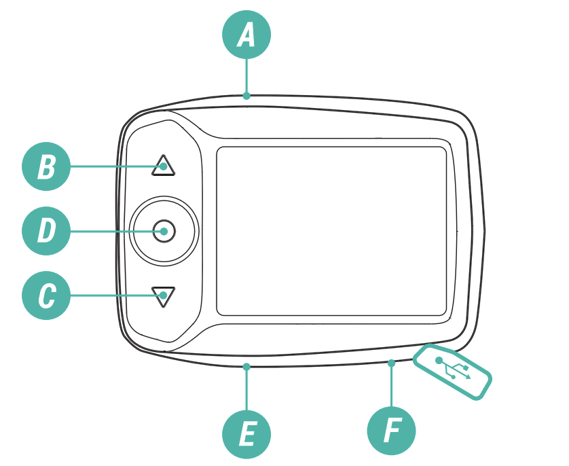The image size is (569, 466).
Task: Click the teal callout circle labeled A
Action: [246, 35]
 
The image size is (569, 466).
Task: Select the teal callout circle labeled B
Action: [46, 166]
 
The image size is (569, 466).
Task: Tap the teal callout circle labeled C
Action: [46, 295]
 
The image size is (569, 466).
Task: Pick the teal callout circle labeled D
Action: [46, 231]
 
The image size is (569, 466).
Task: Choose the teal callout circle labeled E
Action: [246, 434]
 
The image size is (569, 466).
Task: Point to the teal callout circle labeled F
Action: [391, 431]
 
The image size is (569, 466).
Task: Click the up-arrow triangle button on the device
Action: [163, 166]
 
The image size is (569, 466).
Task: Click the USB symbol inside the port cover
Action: [454, 370]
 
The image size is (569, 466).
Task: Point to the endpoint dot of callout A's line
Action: [246, 96]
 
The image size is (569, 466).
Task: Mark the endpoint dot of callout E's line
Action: [246, 367]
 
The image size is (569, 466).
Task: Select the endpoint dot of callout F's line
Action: [391, 363]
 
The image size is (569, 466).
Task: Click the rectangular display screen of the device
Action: [331, 231]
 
